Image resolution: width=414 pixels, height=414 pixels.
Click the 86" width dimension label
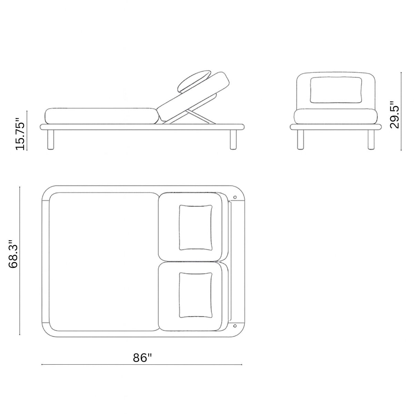[x=142, y=358]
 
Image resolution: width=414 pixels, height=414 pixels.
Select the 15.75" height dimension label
[x=21, y=130]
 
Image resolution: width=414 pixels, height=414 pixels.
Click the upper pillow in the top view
[x=196, y=227]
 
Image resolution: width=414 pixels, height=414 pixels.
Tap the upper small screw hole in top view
[x=235, y=197]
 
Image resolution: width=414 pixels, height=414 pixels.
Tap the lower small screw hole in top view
[x=235, y=326]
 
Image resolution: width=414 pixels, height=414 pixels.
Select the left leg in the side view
[x=51, y=140]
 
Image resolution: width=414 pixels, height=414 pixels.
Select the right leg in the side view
[x=233, y=140]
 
